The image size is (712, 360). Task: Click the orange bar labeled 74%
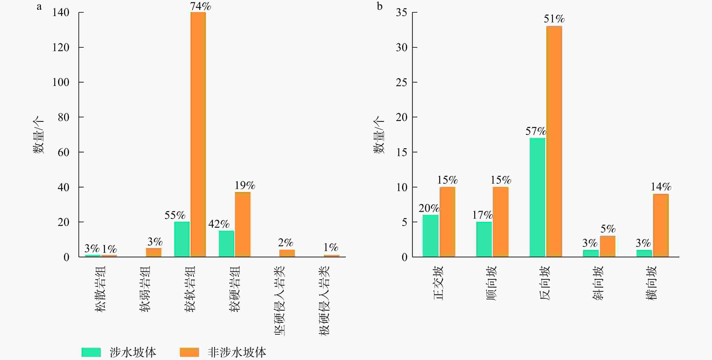(x=198, y=134)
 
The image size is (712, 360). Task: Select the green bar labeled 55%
(x=182, y=239)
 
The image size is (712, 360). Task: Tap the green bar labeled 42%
(x=226, y=244)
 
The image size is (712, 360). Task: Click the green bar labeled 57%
(x=537, y=197)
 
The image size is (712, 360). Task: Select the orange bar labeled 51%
(x=554, y=141)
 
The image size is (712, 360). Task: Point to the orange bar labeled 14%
(x=661, y=225)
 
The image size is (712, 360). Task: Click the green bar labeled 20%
(x=430, y=236)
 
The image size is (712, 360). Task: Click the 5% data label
(x=608, y=229)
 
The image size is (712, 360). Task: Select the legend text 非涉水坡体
(x=237, y=352)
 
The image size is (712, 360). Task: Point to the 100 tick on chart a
(x=61, y=82)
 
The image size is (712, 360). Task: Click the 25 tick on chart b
(x=401, y=82)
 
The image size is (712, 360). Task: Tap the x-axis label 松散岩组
(x=100, y=289)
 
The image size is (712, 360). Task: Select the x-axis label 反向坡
(x=545, y=283)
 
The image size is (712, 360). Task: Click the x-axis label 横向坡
(x=651, y=283)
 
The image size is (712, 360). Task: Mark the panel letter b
(x=380, y=6)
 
